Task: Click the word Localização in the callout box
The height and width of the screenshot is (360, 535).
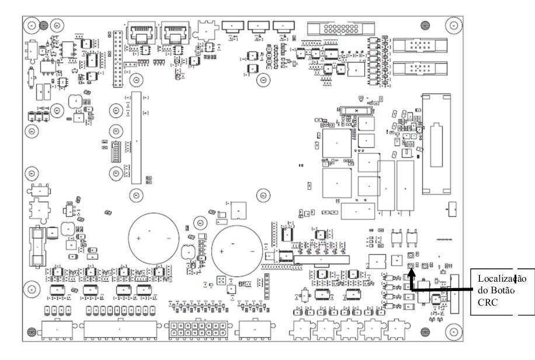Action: pyautogui.click(x=502, y=278)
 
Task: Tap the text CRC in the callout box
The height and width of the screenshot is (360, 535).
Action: pyautogui.click(x=488, y=302)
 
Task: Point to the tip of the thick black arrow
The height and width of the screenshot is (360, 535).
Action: pyautogui.click(x=411, y=269)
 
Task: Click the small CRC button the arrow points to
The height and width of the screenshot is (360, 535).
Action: pyautogui.click(x=411, y=265)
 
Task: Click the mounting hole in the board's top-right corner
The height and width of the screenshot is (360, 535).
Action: pyautogui.click(x=454, y=25)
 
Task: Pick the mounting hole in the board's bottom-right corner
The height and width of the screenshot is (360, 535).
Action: pyautogui.click(x=454, y=331)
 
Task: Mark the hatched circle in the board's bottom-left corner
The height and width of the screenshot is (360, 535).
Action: pyautogui.click(x=32, y=331)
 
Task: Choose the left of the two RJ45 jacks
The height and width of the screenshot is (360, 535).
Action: pyautogui.click(x=141, y=33)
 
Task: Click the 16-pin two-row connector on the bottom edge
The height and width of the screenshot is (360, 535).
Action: pyautogui.click(x=198, y=329)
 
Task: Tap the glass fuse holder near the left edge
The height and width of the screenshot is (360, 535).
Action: pyautogui.click(x=37, y=247)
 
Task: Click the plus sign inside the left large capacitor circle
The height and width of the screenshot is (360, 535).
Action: pyautogui.click(x=138, y=238)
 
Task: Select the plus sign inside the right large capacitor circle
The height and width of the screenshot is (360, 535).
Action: pyautogui.click(x=222, y=252)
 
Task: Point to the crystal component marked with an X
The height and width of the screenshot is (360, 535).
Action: pyautogui.click(x=356, y=110)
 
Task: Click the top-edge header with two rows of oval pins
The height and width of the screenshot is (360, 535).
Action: pyautogui.click(x=341, y=29)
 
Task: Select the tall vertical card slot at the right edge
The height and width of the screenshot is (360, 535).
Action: pyautogui.click(x=436, y=144)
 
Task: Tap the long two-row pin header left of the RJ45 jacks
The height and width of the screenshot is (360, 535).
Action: pyautogui.click(x=118, y=59)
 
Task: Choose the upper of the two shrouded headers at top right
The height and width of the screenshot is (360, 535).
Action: pyautogui.click(x=420, y=46)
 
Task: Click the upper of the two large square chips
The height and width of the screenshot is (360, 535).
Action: pyautogui.click(x=337, y=143)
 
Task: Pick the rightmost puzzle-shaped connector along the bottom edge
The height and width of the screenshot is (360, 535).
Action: pyautogui.click(x=396, y=329)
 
